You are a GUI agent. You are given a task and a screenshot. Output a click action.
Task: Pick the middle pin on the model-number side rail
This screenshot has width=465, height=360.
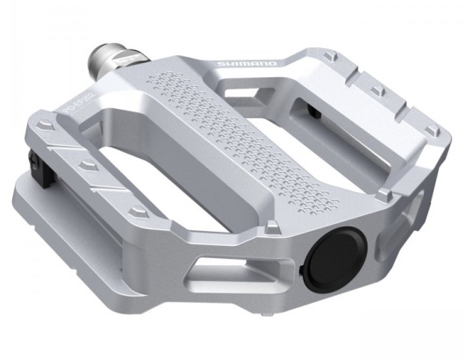87,164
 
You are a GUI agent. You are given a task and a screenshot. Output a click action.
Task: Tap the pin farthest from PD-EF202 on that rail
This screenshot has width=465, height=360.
139,212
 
